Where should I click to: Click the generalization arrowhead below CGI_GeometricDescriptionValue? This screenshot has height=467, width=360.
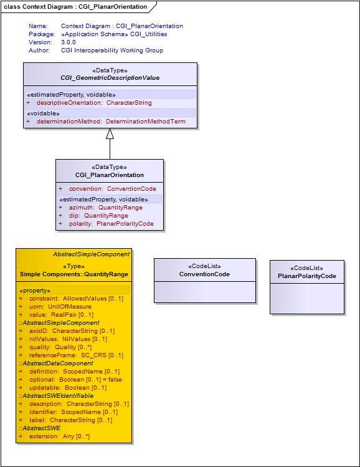click(x=110, y=133)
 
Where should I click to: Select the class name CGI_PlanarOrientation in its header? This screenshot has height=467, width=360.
click(x=110, y=175)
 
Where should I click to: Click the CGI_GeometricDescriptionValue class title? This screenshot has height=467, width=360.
click(x=110, y=78)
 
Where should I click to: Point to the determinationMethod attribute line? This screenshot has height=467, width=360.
click(x=106, y=122)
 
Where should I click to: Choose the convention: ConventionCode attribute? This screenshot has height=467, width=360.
click(x=108, y=189)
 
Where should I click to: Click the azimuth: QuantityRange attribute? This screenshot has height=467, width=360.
click(x=100, y=208)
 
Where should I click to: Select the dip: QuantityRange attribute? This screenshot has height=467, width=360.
click(x=93, y=216)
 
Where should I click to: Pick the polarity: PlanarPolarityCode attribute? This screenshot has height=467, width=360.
click(x=107, y=224)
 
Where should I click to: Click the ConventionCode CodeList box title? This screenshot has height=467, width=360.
click(x=204, y=274)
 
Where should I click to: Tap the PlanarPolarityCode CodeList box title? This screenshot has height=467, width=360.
click(x=307, y=276)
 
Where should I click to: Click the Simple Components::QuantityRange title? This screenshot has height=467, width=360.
click(x=74, y=274)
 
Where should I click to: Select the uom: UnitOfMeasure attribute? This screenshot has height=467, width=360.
click(x=55, y=307)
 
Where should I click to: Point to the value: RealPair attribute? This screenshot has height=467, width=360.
click(x=56, y=314)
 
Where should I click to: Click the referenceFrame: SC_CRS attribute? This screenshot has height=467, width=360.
click(x=71, y=355)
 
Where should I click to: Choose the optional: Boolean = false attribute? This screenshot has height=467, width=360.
click(x=70, y=380)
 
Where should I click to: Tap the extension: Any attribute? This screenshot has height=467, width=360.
click(x=54, y=436)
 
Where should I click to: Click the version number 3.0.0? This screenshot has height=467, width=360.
click(x=69, y=42)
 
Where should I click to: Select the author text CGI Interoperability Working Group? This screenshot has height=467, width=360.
click(x=112, y=51)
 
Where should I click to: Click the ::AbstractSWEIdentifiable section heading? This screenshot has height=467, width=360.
click(x=56, y=396)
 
